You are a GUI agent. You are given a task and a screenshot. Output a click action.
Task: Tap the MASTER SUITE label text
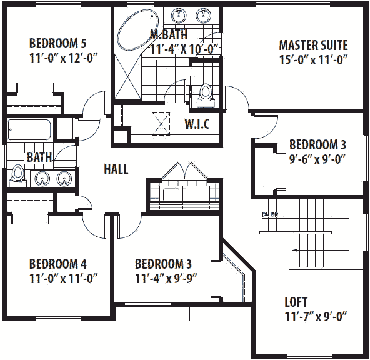(313, 46)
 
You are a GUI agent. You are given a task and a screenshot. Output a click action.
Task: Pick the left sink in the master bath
(179, 16)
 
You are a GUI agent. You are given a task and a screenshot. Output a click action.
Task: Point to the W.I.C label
(196, 123)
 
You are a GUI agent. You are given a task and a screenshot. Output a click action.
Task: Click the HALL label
(116, 169)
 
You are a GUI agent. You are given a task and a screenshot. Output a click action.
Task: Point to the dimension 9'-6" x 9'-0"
(317, 159)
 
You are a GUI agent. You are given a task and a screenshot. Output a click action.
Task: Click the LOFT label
(296, 302)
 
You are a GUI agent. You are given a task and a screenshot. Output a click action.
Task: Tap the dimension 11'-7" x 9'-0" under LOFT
(314, 316)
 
